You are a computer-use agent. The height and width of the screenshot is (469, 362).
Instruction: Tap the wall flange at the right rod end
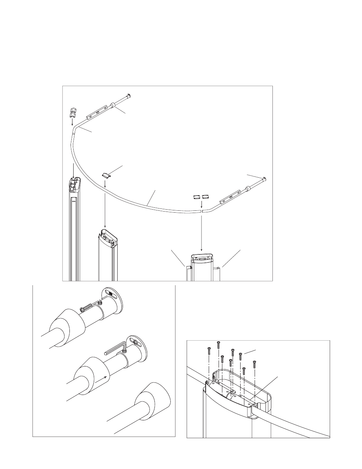pyautogui.click(x=264, y=178)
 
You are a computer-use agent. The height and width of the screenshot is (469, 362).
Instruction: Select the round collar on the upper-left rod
pyautogui.click(x=113, y=106)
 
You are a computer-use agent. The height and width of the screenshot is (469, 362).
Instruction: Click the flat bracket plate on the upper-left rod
pyautogui.click(x=94, y=114)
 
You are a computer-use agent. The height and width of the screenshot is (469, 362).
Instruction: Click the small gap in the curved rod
pyautogui.click(x=201, y=210)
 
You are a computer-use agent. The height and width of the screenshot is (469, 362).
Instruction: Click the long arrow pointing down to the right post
pyautogui.click(x=201, y=232)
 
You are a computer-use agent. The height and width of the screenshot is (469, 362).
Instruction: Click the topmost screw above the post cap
pyautogui.click(x=219, y=345)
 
